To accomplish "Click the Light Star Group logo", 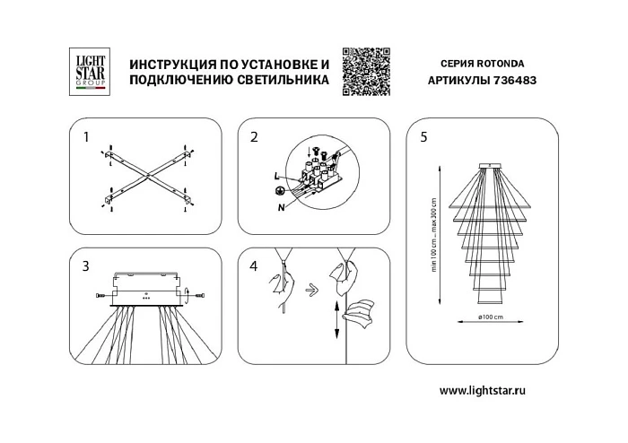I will tap(89, 70).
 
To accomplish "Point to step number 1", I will tap(86, 137).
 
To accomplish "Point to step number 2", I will tap(255, 137).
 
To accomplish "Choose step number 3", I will tap(86, 266).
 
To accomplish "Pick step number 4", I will tap(255, 266).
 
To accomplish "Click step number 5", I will tap(423, 137).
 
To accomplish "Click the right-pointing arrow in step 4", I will tap(309, 290).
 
